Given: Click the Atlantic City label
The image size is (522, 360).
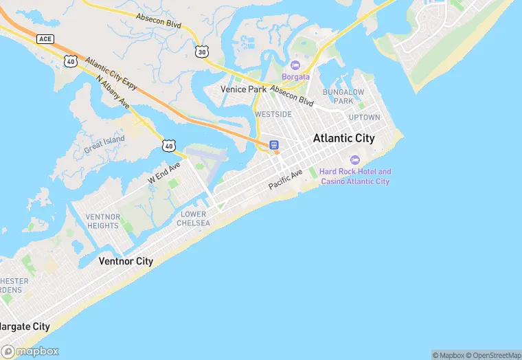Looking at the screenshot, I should pos(343,138).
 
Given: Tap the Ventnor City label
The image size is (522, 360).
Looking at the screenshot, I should pos(126,261).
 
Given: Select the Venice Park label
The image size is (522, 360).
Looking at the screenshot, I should pos(243,90).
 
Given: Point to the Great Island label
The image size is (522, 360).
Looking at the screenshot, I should pos(104,144).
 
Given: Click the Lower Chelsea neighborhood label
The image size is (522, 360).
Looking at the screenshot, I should pos(192,218).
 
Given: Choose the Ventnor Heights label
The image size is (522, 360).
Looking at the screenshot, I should pos(103,221).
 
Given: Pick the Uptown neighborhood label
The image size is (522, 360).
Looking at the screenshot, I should pos(364,117).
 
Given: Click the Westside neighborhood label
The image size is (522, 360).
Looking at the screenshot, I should pos(273,114).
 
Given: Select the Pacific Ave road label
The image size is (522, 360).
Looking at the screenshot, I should pos(286,181).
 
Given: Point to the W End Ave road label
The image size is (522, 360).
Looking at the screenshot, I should pos(164,172).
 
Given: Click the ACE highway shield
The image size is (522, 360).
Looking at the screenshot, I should pos(45,38).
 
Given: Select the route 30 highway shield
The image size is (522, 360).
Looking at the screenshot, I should pos(201,52).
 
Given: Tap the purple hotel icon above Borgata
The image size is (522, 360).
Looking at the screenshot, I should pos(295,65).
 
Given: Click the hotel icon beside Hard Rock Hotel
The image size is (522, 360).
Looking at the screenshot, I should pos(354,159).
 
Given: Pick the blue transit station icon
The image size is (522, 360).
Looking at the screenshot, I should pos(273,145).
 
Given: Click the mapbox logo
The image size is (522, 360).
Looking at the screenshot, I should pos(30,350).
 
